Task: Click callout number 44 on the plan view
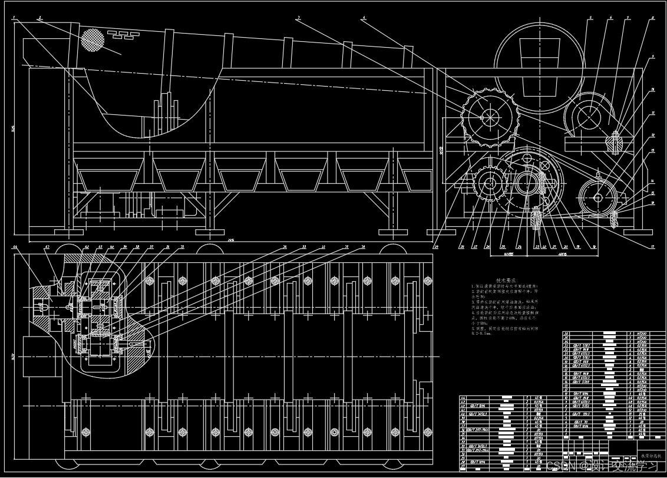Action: tap(15, 246)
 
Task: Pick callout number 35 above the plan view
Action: tap(182, 246)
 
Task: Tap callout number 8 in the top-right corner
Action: tap(653, 18)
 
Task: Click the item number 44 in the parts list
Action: tap(463, 398)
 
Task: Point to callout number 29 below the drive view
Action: tap(463, 247)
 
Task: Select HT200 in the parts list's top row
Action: tap(642, 333)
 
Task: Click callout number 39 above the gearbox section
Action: tap(126, 246)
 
